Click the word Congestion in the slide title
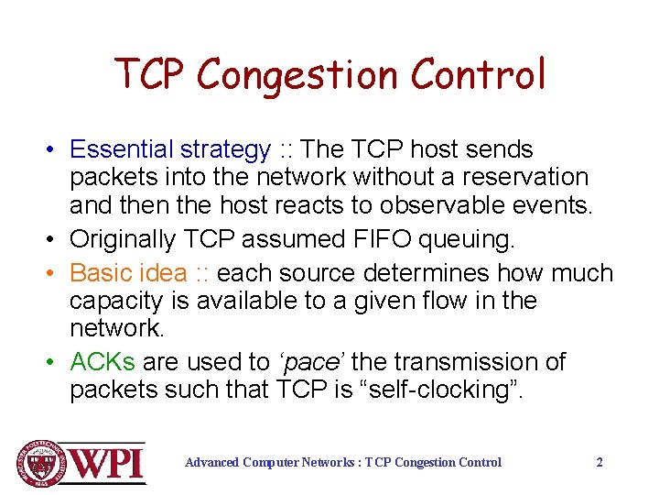[x=299, y=75]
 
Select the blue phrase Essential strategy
[x=170, y=149]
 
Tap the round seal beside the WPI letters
[x=36, y=462]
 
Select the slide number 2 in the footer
[x=600, y=462]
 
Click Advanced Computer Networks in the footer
[x=270, y=462]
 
